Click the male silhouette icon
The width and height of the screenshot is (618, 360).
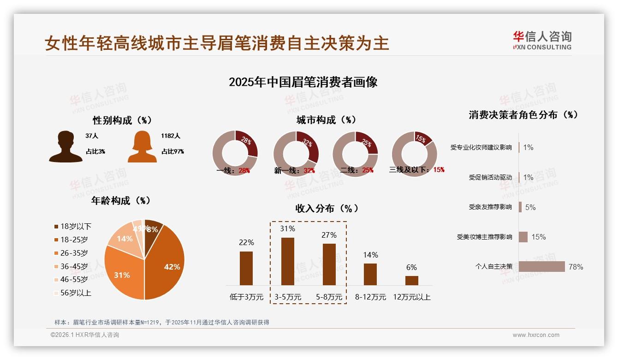[66, 146]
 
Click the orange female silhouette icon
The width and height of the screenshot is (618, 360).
[142, 147]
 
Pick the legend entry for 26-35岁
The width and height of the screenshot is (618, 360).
[74, 253]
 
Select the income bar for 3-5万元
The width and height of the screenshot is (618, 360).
[288, 261]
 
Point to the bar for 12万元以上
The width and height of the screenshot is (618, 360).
[411, 280]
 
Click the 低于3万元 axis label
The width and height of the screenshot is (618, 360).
[247, 297]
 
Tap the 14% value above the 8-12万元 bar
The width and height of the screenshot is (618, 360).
[370, 255]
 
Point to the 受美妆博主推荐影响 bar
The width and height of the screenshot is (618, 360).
[523, 237]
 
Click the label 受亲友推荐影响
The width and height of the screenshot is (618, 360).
[490, 207]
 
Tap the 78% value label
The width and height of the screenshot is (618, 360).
[576, 267]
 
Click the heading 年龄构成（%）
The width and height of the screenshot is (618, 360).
[121, 201]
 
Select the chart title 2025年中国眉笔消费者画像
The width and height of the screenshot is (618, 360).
[303, 82]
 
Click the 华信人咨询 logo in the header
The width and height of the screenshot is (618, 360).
[542, 40]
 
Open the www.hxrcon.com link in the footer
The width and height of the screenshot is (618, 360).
[536, 335]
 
